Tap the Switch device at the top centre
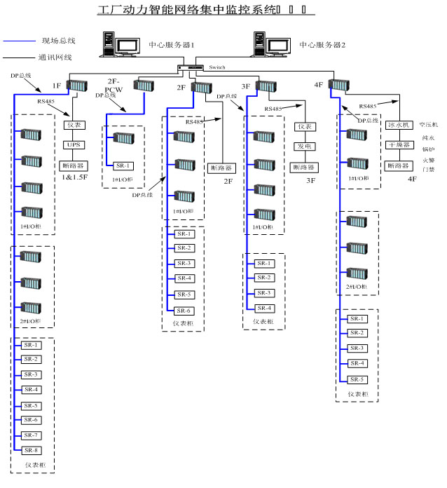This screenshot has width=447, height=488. [x=188, y=68]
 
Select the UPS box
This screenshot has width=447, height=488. [x=74, y=145]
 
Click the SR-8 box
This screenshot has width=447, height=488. [x=31, y=449]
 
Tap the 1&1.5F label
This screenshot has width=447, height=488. [x=74, y=178]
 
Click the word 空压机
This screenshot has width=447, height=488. [x=427, y=126]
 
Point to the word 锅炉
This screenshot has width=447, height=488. [x=427, y=149]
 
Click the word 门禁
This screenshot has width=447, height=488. [x=427, y=169]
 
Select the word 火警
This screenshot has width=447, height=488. [x=427, y=159]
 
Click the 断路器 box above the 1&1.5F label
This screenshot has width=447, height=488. [x=74, y=165]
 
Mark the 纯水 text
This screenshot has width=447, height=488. [x=427, y=138]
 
